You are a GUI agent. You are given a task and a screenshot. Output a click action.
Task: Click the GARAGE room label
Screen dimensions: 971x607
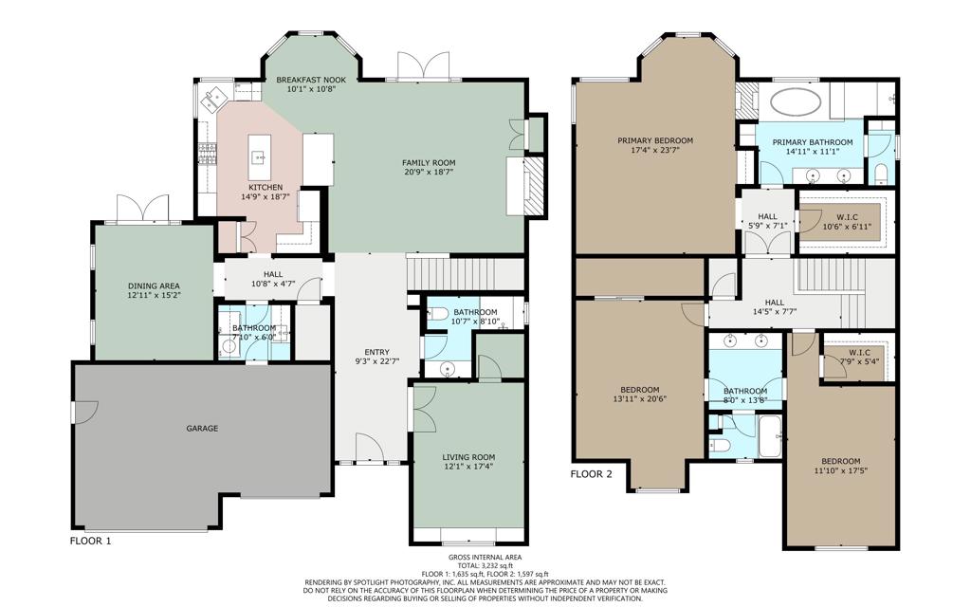pyautogui.click(x=202, y=428)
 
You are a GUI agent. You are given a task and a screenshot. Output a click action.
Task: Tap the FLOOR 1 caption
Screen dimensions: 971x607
pyautogui.click(x=90, y=541)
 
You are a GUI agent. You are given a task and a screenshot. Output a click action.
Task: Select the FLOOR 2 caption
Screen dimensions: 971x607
pyautogui.click(x=591, y=474)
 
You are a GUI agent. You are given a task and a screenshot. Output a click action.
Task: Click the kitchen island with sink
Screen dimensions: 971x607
pyautogui.click(x=260, y=156)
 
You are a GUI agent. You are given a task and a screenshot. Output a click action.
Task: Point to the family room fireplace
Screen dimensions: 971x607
pyautogui.click(x=533, y=187)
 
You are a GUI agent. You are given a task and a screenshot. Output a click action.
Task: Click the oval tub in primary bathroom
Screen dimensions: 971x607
pyautogui.click(x=795, y=101)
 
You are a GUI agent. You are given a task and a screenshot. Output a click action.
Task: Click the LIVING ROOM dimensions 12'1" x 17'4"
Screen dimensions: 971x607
pyautogui.click(x=468, y=467)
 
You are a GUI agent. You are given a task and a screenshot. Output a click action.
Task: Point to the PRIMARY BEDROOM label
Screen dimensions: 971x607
pyautogui.click(x=655, y=140)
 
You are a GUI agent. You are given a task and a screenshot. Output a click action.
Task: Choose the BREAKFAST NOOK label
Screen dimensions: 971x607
pyautogui.click(x=311, y=80)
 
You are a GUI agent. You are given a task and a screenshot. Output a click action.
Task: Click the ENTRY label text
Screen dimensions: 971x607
pyautogui.click(x=377, y=353)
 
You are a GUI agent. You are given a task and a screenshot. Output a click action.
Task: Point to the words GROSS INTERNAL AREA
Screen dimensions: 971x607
pyautogui.click(x=485, y=558)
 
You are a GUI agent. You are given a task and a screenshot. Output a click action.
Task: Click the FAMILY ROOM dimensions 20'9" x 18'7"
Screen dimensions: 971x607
pyautogui.click(x=429, y=173)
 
